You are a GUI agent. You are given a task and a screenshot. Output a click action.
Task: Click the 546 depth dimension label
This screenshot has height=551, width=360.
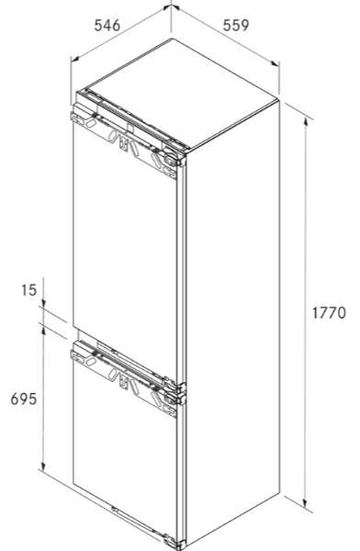click(107, 26)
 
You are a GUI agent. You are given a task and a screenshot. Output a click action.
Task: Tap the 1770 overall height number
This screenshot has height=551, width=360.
click(326, 313)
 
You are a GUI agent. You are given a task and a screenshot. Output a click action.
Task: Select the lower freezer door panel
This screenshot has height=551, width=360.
click(124, 459)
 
